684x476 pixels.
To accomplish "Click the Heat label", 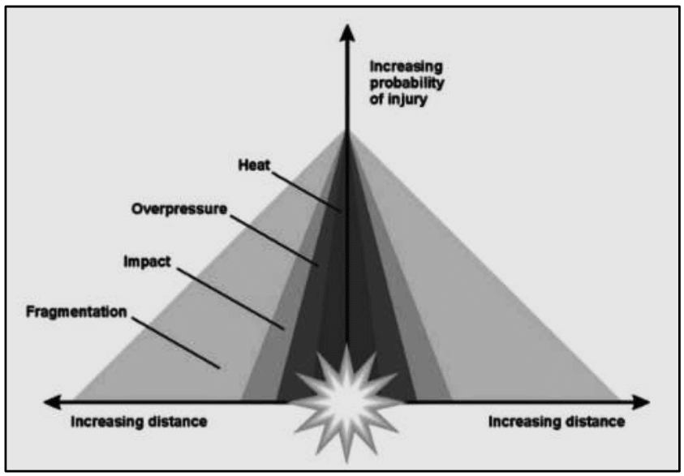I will click(x=252, y=165).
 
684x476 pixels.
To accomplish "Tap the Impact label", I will click(x=147, y=262).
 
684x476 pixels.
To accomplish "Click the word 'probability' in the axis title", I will click(x=407, y=84).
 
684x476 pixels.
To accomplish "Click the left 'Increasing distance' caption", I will click(x=139, y=422).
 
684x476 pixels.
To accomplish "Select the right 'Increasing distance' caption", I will click(x=557, y=422).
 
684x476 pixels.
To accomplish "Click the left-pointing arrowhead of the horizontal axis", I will click(x=50, y=401).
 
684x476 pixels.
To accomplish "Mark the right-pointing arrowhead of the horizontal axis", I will click(x=643, y=401).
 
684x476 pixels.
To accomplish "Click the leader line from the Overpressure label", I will click(x=272, y=238).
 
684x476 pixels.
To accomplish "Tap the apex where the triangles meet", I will click(x=347, y=131).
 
